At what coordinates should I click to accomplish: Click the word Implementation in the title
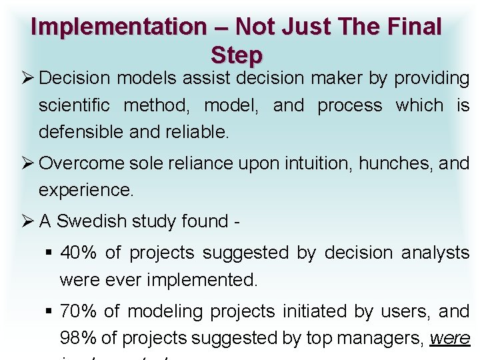click(x=119, y=27)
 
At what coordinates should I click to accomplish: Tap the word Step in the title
click(x=237, y=54)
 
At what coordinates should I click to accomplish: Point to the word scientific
click(x=77, y=105)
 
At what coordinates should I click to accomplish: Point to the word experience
click(x=86, y=190)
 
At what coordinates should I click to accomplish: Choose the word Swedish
click(x=92, y=221)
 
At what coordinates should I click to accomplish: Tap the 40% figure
click(x=78, y=253)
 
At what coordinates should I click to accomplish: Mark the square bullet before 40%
click(x=49, y=253)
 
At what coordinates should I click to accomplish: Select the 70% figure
click(x=78, y=311)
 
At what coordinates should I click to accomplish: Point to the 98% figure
click(x=78, y=338)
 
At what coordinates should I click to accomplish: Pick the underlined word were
click(x=451, y=338)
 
